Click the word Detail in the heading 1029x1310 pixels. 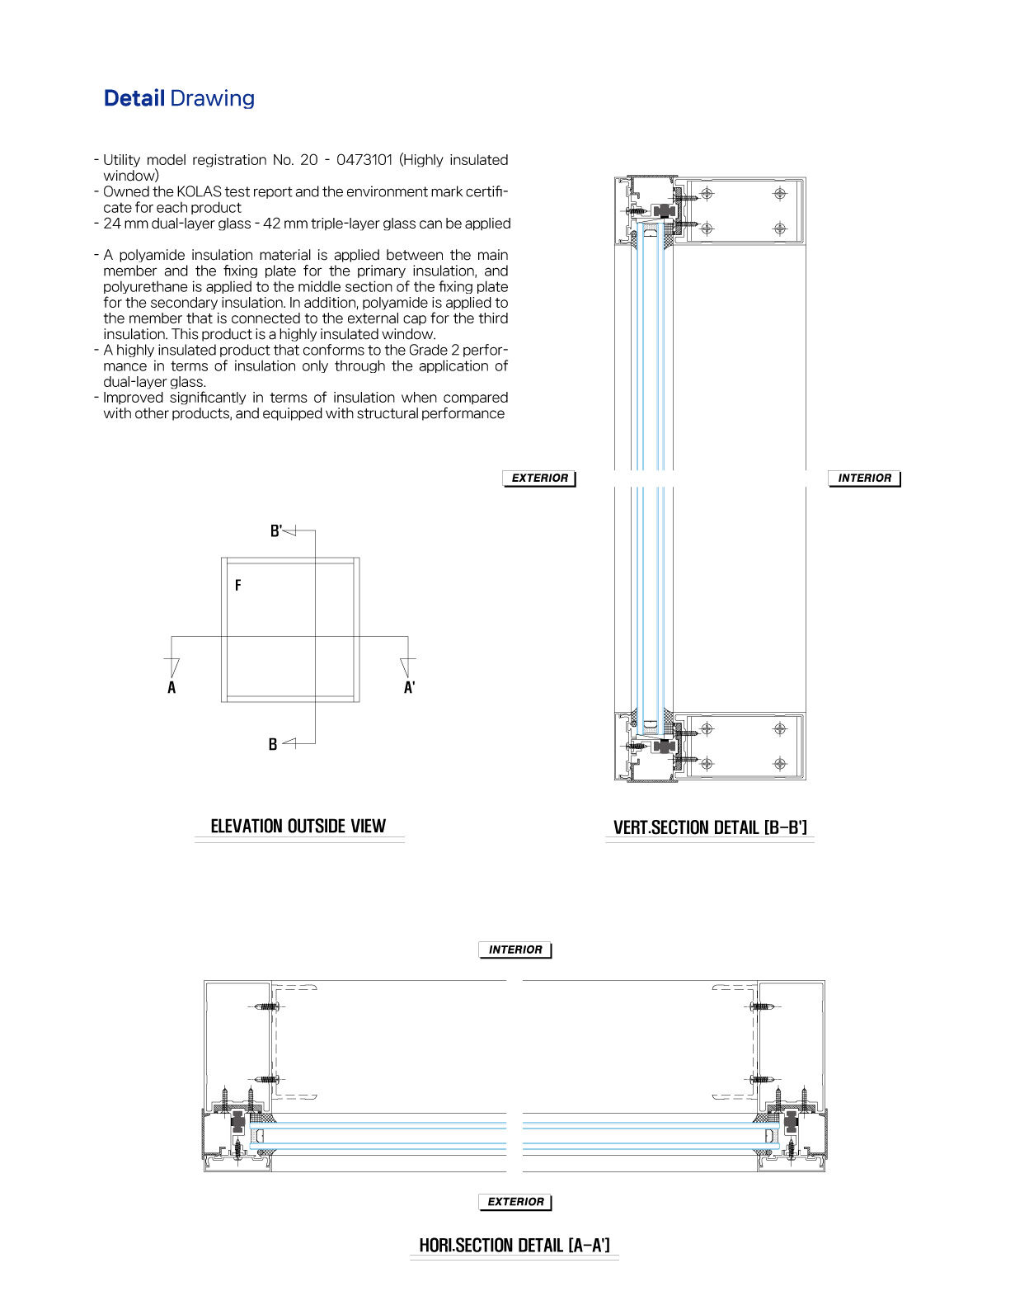coord(134,98)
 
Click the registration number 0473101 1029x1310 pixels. coord(364,160)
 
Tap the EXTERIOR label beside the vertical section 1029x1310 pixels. coord(539,478)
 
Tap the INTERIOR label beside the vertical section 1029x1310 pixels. coord(864,478)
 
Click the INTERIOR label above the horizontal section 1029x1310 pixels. coord(515,950)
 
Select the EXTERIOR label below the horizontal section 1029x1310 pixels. coord(515,1203)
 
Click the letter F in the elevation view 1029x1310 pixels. coord(238,586)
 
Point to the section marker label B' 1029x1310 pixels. coord(276,531)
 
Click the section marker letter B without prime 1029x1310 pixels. coord(273,744)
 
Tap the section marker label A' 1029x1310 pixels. coord(409,688)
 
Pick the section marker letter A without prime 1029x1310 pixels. coord(171,688)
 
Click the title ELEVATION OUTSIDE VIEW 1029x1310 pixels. coord(298,827)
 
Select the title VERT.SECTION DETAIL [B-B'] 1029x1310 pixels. coord(710,828)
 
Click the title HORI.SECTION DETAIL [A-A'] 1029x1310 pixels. coord(514,1246)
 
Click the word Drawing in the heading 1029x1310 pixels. coord(212,98)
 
